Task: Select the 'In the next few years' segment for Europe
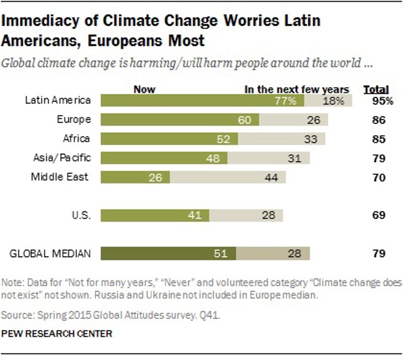pyautogui.click(x=294, y=119)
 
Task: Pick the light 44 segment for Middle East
pyautogui.click(x=228, y=177)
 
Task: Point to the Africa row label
pyautogui.click(x=76, y=139)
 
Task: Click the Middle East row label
pyautogui.click(x=60, y=177)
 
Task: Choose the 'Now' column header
pyautogui.click(x=145, y=90)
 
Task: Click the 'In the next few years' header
pyautogui.click(x=297, y=90)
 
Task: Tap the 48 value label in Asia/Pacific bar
pyautogui.click(x=214, y=158)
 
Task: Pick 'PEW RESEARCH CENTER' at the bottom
pyautogui.click(x=57, y=333)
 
